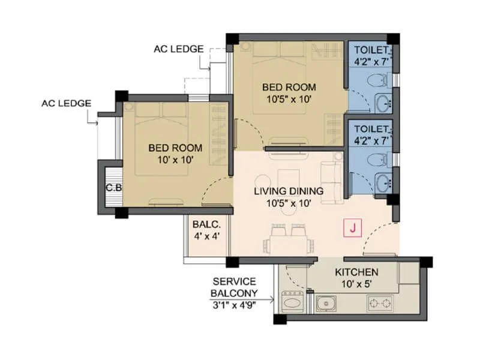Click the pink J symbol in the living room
[x=353, y=228]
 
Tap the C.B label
[x=114, y=187]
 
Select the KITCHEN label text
[x=356, y=272]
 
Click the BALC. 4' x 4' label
[x=206, y=230]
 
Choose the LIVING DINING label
[x=288, y=191]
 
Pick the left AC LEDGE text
[x=66, y=103]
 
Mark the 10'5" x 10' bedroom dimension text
[x=287, y=100]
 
